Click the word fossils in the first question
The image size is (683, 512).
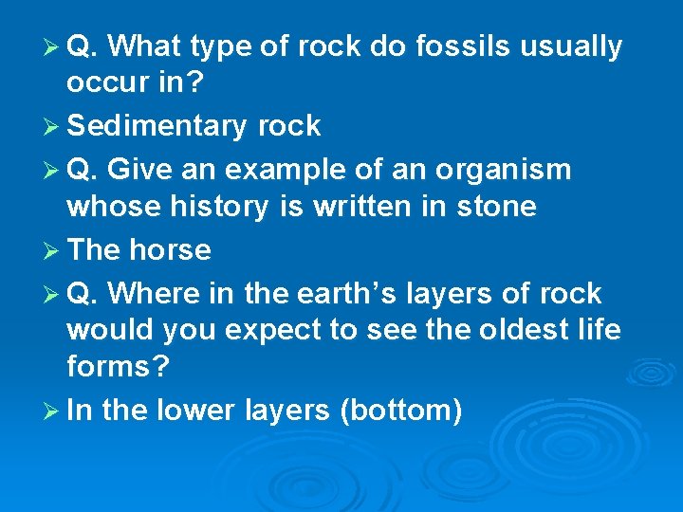tap(458, 46)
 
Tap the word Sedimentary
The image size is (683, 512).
tap(153, 125)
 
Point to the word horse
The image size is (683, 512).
tap(170, 249)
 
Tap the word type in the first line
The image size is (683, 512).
tap(221, 46)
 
